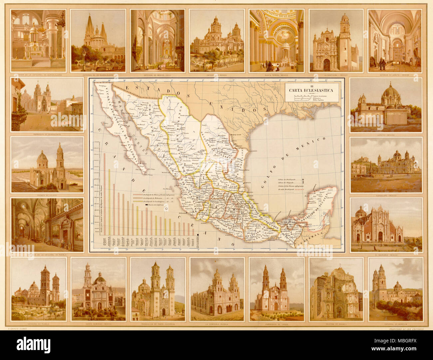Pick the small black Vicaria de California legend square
click(x=146, y=208)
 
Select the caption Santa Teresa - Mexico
click(x=276, y=75)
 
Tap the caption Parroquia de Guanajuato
click(x=47, y=135)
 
